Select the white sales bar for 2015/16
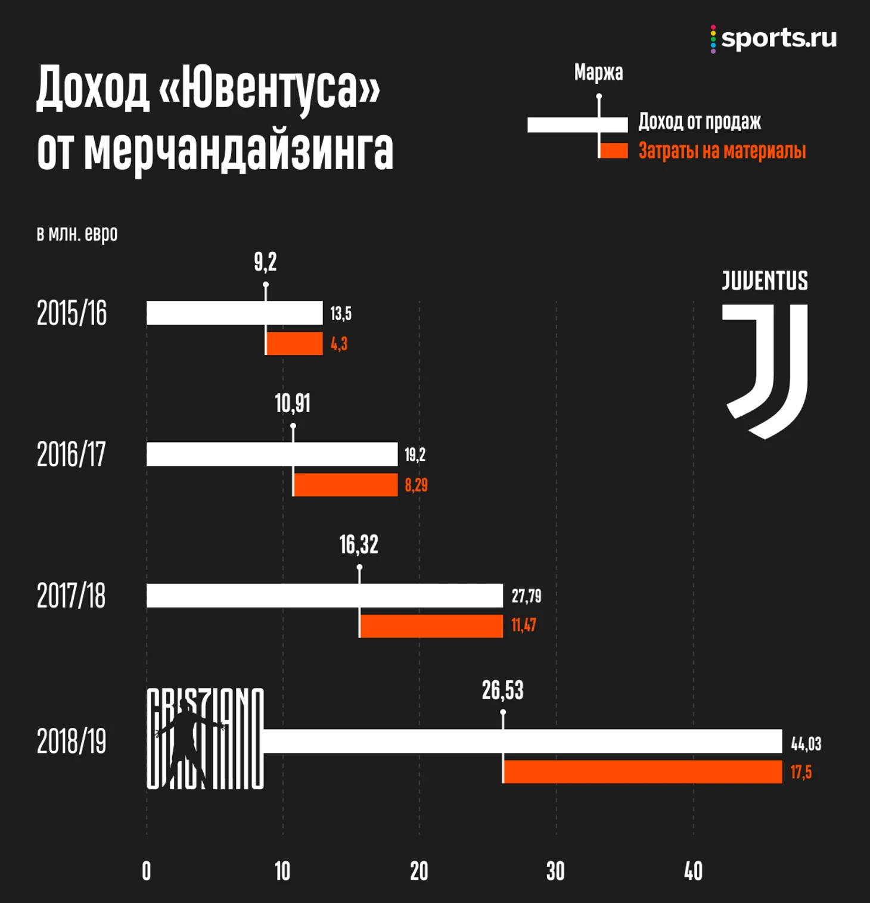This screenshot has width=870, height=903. point(234,313)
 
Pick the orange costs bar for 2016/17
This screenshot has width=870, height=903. point(346,485)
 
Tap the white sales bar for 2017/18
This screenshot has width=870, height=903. point(325,596)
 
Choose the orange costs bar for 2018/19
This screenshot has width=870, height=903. point(642,772)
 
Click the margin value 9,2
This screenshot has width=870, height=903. point(265,262)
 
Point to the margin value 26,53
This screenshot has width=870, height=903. point(502,690)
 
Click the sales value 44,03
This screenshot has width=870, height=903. point(806,743)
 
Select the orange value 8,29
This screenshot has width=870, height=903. point(416,485)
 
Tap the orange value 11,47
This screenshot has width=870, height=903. point(523,625)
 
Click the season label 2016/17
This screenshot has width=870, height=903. point(72,454)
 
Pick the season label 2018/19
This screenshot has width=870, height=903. point(72,742)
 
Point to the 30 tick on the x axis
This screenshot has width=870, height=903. point(555,871)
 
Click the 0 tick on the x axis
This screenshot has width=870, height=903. point(147,871)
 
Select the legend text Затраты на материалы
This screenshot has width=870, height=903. point(722,151)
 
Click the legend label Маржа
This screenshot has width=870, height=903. point(598,73)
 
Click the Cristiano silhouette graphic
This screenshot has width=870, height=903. point(204,739)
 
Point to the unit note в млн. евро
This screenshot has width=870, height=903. point(77,233)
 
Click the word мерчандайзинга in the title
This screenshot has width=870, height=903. point(238,150)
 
